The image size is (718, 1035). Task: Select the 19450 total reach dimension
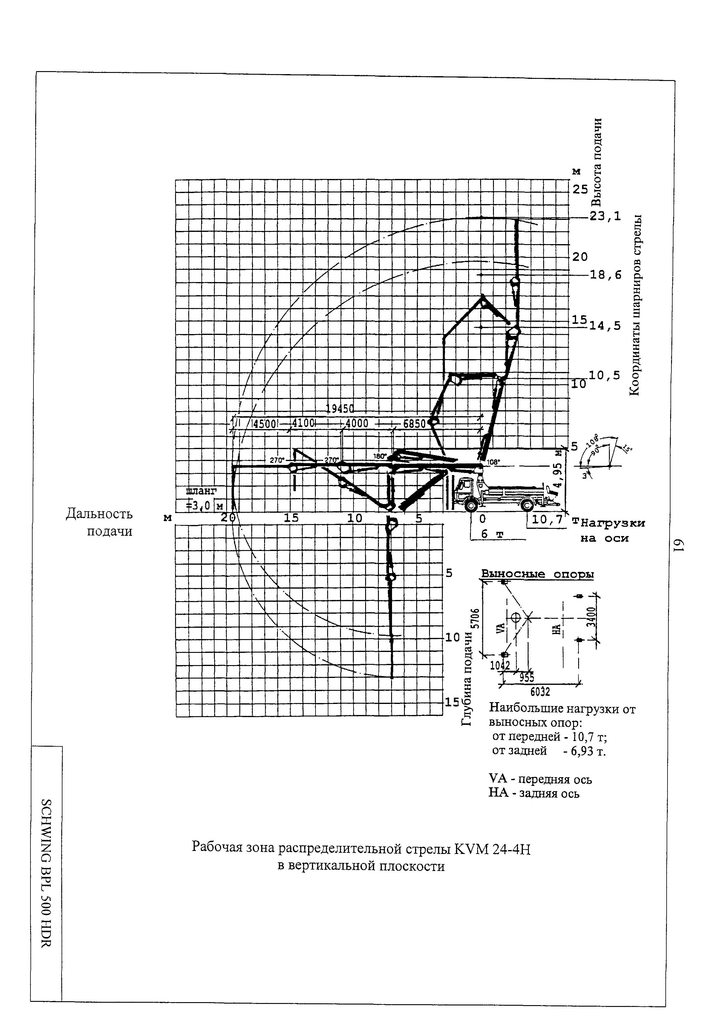340,408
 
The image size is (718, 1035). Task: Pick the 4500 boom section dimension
265,424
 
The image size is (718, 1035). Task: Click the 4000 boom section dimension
357,424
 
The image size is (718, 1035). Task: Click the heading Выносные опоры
537,574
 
